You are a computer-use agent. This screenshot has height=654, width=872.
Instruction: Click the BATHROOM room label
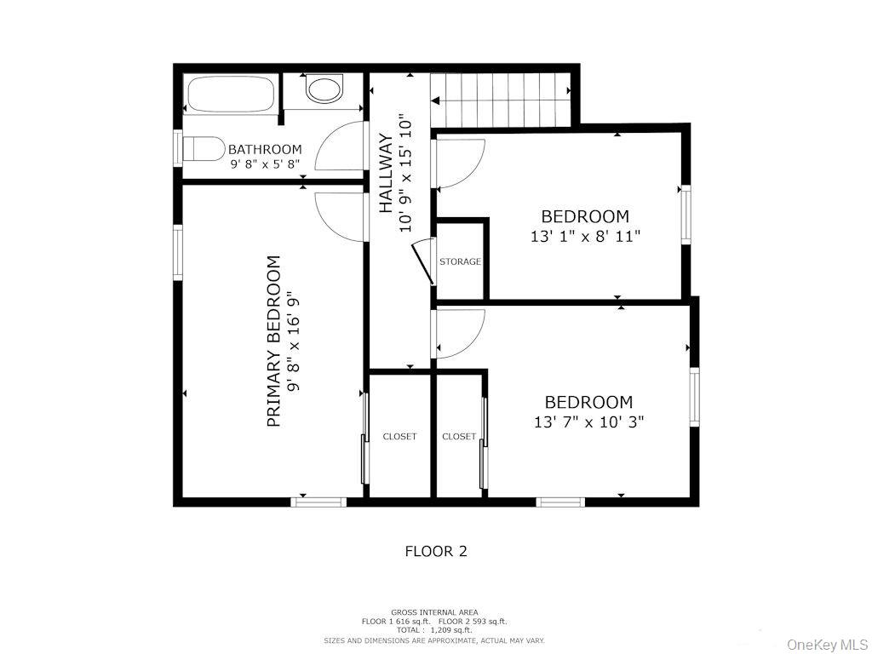(x=265, y=149)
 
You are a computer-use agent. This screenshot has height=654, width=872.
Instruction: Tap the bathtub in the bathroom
(x=230, y=95)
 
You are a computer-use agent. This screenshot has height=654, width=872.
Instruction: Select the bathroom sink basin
(x=323, y=89)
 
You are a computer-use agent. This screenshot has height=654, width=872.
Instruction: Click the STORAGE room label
(x=460, y=261)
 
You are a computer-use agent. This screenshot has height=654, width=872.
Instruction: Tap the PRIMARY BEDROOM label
(x=274, y=341)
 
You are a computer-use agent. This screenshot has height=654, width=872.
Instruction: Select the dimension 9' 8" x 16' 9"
(x=293, y=341)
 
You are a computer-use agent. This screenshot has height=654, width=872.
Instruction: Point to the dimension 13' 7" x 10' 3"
(x=583, y=422)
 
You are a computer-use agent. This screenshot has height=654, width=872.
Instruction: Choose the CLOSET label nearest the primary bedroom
(x=399, y=436)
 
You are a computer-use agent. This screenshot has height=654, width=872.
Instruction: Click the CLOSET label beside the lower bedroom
(x=459, y=436)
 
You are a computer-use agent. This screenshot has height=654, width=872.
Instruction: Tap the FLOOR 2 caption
(x=435, y=551)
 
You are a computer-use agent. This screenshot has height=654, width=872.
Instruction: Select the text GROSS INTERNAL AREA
(x=434, y=612)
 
